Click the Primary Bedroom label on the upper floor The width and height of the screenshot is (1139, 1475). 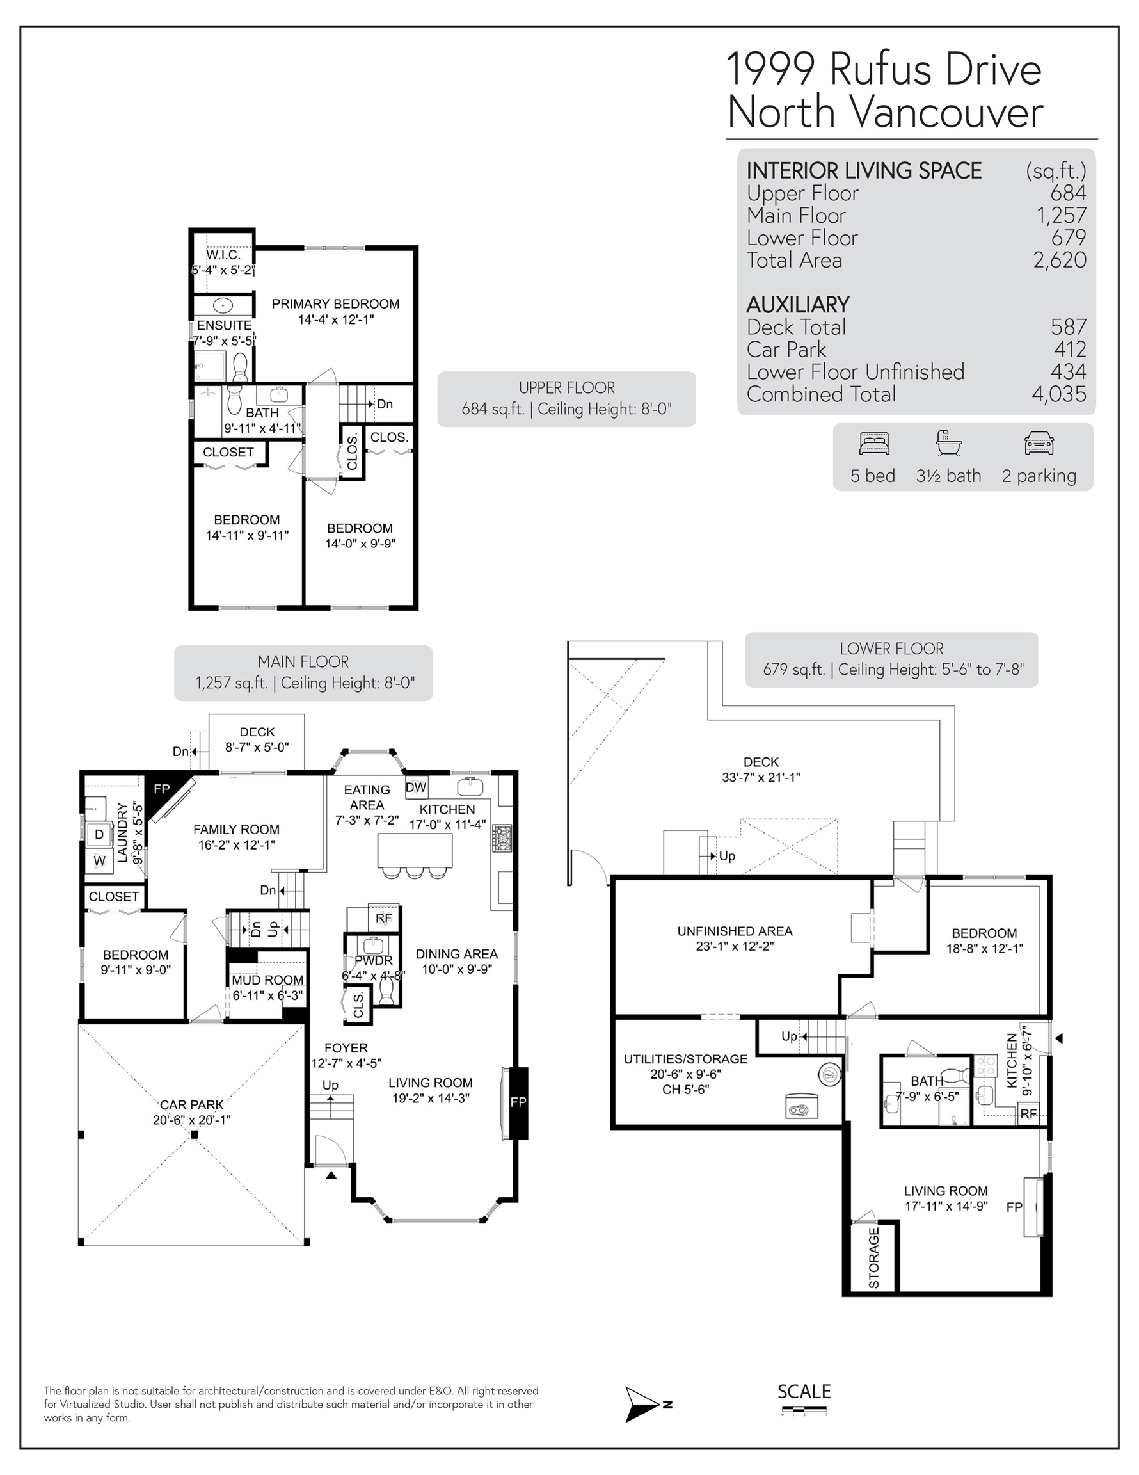tap(335, 311)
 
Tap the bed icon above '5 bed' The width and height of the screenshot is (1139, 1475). tap(874, 443)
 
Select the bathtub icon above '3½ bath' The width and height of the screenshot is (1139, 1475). tap(948, 443)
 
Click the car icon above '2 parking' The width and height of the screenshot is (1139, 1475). tap(1039, 444)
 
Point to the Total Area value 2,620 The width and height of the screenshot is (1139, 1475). tap(1059, 260)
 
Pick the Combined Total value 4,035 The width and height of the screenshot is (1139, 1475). tap(1058, 394)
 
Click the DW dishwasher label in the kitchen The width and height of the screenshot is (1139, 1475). tap(416, 787)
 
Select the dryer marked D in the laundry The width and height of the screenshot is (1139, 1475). tap(99, 834)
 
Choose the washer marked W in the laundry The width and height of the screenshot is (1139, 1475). tap(99, 860)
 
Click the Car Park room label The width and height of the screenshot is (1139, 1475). tap(192, 1112)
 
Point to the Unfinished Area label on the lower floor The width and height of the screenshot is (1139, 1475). tap(735, 939)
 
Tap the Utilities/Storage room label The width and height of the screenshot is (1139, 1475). tap(685, 1074)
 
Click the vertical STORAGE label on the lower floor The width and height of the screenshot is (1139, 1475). tap(873, 1257)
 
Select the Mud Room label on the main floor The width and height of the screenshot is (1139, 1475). tap(268, 987)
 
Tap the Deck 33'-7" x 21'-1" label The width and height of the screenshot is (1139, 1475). tap(761, 770)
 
